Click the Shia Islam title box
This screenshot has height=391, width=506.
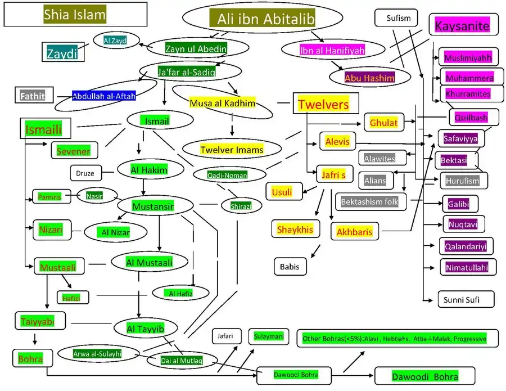click(75, 15)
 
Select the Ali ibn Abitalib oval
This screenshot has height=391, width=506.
click(263, 19)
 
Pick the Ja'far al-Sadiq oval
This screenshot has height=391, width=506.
click(179, 71)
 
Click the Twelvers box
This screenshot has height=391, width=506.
click(323, 104)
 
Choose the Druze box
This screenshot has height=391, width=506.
click(85, 173)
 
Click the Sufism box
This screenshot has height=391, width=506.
click(399, 18)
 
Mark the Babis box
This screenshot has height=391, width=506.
click(290, 267)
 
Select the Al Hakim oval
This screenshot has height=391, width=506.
click(149, 169)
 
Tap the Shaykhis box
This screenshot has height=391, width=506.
click(295, 228)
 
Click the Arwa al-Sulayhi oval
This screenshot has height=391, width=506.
click(97, 354)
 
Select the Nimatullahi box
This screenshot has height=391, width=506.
click(467, 267)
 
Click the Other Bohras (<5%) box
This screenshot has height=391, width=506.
click(394, 338)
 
